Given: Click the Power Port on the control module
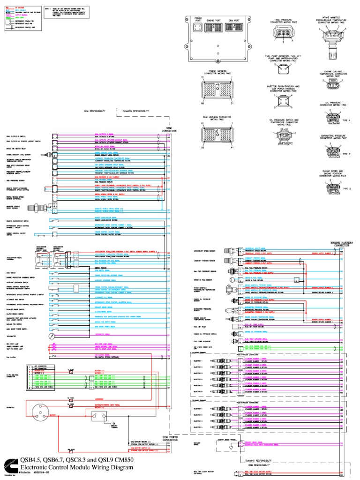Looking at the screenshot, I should click(x=198, y=29).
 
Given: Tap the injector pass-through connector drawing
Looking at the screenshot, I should click(x=284, y=102).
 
